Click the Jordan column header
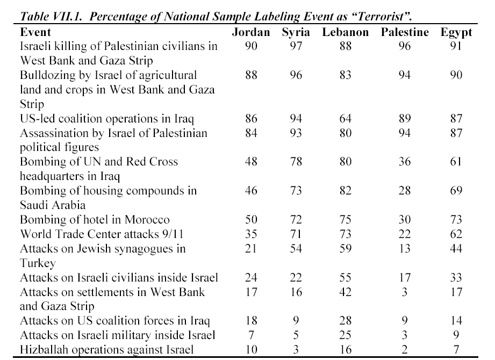coord(251,32)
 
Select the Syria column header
coord(296,33)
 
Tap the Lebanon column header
coord(346,32)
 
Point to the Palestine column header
coord(405,32)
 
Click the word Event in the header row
coord(35,32)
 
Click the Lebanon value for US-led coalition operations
coord(346,119)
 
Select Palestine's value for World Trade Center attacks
coord(404,234)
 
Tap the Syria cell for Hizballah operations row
coord(296,350)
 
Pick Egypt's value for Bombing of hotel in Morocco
coord(456,220)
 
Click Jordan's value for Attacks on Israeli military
coord(252,335)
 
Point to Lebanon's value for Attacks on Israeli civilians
coord(346,278)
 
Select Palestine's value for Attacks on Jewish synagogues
coord(404,249)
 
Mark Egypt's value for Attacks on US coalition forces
coord(456,321)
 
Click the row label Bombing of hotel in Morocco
coord(95,220)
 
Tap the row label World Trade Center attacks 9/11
coord(102,234)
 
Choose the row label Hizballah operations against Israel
coord(107,350)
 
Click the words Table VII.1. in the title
coord(51,16)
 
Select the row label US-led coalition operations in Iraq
coord(107,119)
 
